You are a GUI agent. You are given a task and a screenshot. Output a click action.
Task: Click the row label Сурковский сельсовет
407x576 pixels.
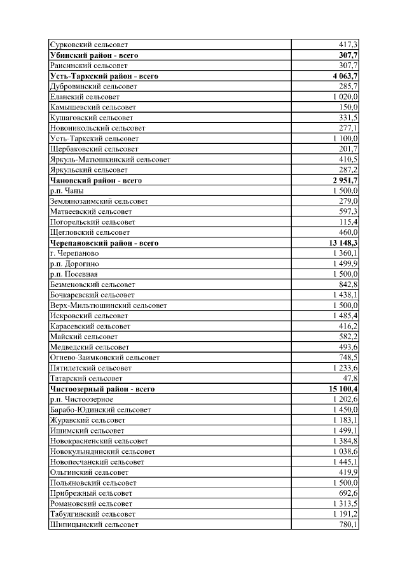[88, 45]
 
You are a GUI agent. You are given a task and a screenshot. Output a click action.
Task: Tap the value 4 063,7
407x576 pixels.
[340, 76]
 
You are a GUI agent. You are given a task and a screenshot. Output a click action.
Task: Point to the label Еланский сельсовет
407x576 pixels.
[84, 97]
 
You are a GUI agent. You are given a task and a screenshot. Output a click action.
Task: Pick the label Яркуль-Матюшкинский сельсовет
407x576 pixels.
[109, 159]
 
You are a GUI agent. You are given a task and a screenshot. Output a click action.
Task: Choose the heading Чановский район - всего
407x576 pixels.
[95, 180]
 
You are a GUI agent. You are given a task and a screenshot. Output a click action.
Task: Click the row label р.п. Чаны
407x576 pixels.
[66, 190]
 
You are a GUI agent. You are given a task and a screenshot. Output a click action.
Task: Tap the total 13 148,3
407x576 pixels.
[338, 243]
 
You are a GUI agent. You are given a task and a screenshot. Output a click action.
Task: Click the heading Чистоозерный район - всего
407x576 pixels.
[102, 389]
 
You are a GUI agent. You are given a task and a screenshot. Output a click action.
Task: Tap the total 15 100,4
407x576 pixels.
[338, 389]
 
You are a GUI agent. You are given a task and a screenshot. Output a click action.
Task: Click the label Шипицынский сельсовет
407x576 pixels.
[93, 524]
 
